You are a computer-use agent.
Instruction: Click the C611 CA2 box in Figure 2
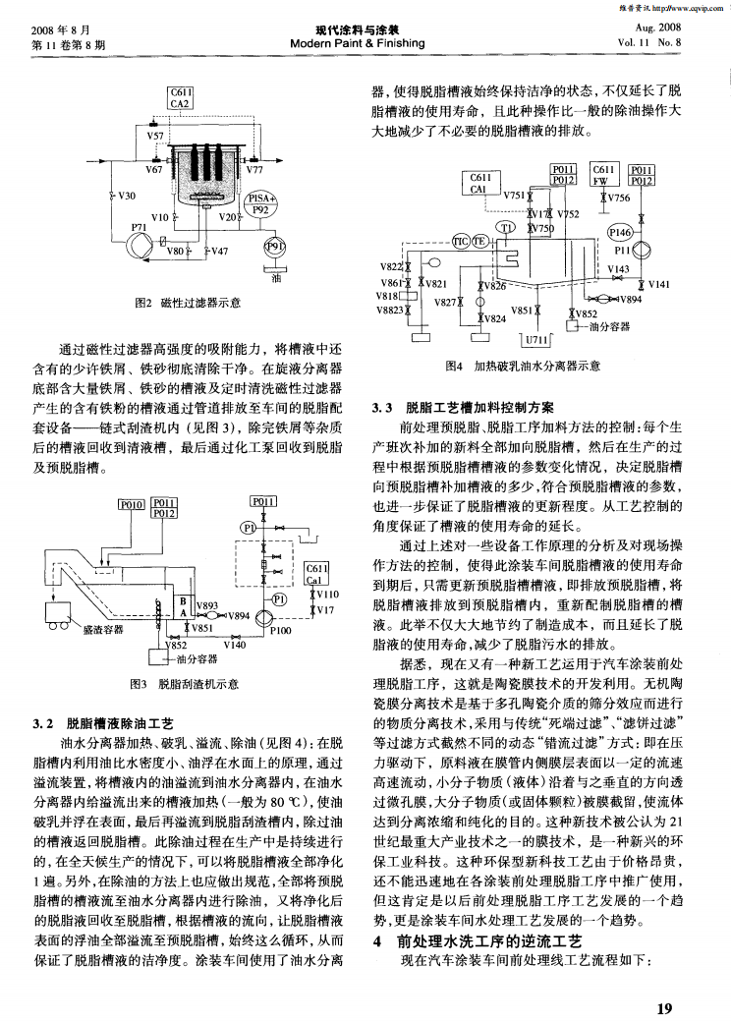(181, 98)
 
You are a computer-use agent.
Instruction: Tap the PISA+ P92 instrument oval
(260, 203)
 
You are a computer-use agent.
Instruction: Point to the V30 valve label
(124, 196)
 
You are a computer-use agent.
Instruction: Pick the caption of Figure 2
(187, 303)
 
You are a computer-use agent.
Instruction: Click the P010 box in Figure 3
(132, 505)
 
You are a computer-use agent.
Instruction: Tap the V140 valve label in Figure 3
(234, 645)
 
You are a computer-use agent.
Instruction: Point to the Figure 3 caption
(186, 684)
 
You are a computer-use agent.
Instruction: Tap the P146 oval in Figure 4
(620, 233)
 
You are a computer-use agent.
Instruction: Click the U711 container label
(536, 339)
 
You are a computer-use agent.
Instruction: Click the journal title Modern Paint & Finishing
(365, 43)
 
